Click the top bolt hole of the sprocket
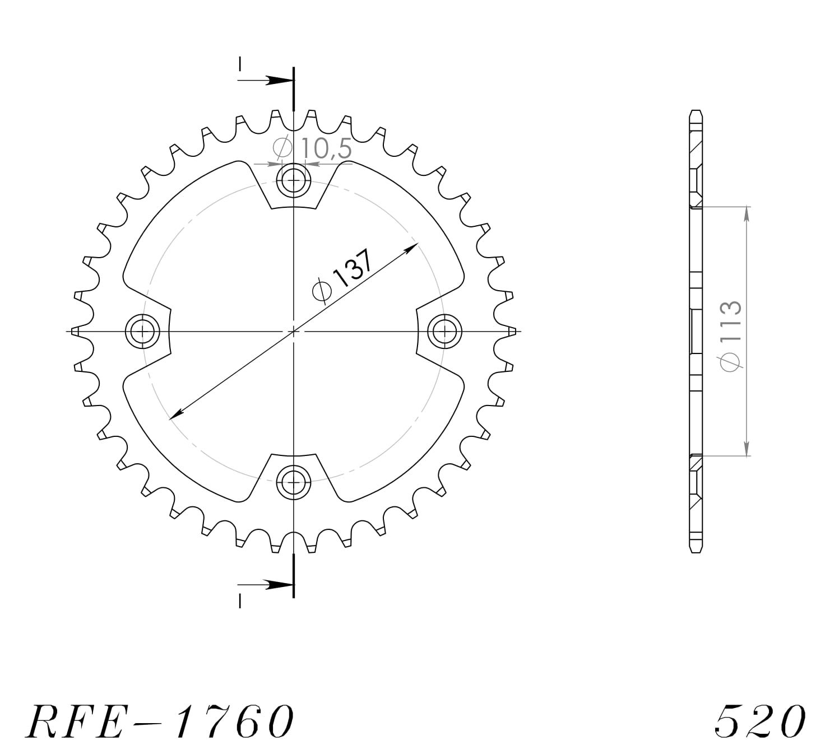[x=293, y=180]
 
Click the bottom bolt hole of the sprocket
[x=293, y=481]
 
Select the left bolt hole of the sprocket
[x=143, y=331]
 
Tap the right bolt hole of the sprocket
[x=444, y=331]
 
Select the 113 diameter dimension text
[x=731, y=335]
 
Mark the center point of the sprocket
[x=293, y=331]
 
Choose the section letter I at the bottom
[x=240, y=601]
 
